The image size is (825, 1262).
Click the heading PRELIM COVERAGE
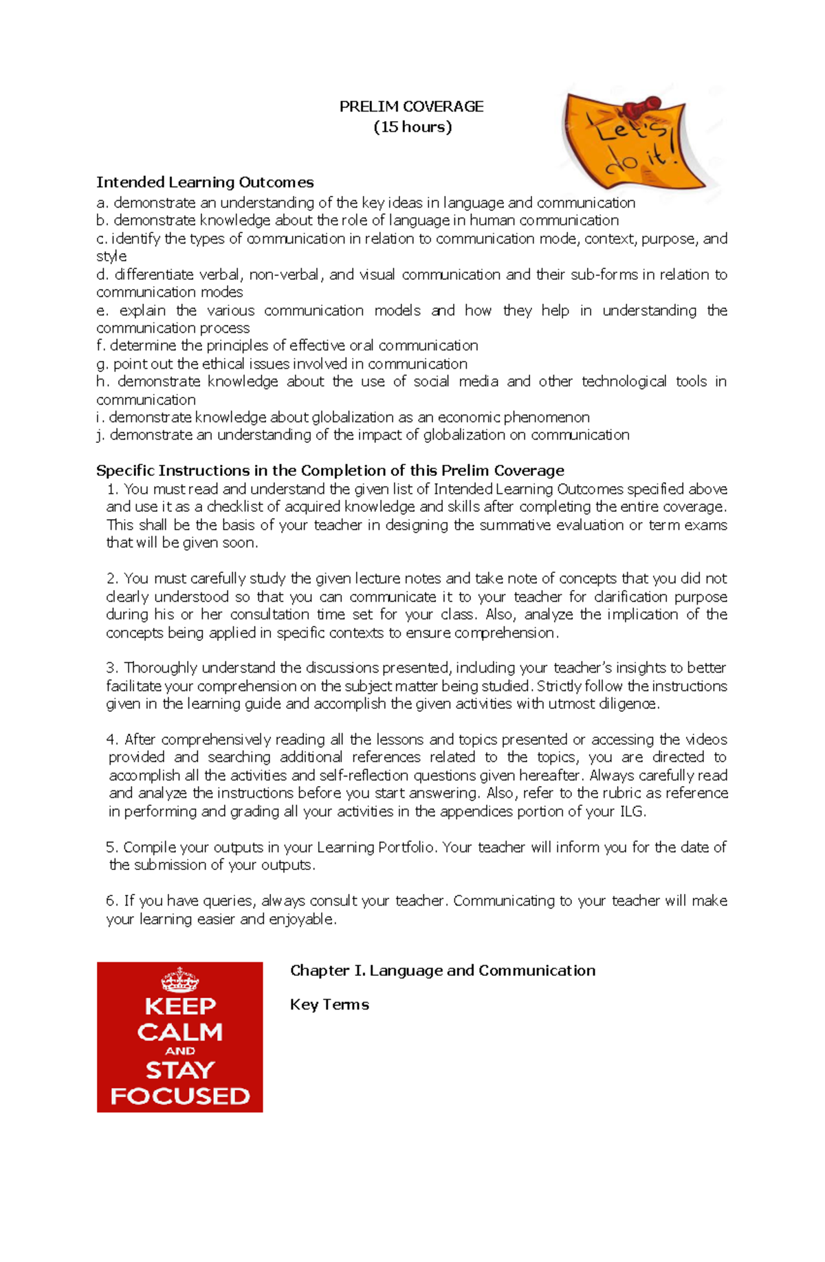(411, 107)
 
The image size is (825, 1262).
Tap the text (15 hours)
(412, 127)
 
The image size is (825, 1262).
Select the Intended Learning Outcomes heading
(205, 182)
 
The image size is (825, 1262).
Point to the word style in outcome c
(111, 257)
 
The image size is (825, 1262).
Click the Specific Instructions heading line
(330, 470)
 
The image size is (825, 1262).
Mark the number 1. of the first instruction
(113, 489)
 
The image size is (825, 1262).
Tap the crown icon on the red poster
(179, 979)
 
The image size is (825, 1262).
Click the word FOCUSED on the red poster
(180, 1096)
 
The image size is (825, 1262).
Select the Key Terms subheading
(329, 1005)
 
